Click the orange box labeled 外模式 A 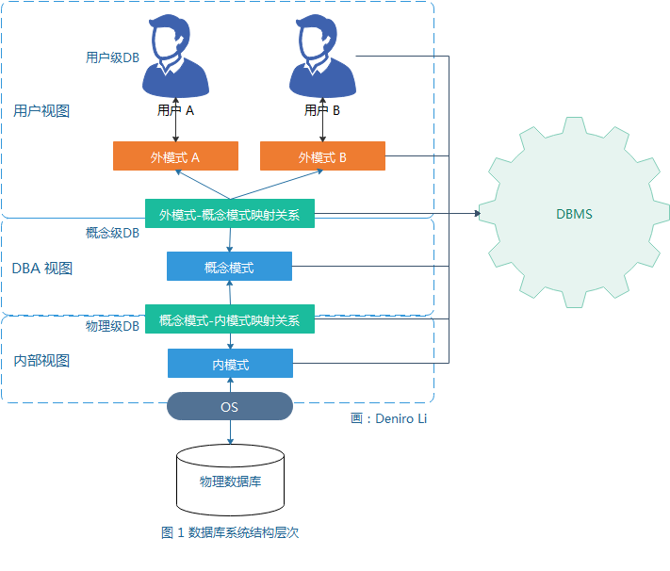point(175,156)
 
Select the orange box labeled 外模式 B point(322,156)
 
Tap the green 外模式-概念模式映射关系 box point(230,213)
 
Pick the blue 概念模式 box point(229,267)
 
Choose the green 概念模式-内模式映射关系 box point(230,318)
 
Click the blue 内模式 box point(230,364)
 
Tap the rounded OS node point(230,406)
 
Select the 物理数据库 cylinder point(230,480)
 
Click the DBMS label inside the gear point(574,214)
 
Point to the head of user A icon point(170,38)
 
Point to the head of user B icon point(317,38)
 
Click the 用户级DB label point(112,57)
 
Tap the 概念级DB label point(112,233)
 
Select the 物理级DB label point(112,326)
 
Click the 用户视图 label point(41,110)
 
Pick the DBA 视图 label point(41,269)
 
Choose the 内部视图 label point(41,361)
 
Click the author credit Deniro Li point(400,419)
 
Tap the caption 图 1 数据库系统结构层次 point(230,532)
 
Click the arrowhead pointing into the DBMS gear point(477,213)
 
